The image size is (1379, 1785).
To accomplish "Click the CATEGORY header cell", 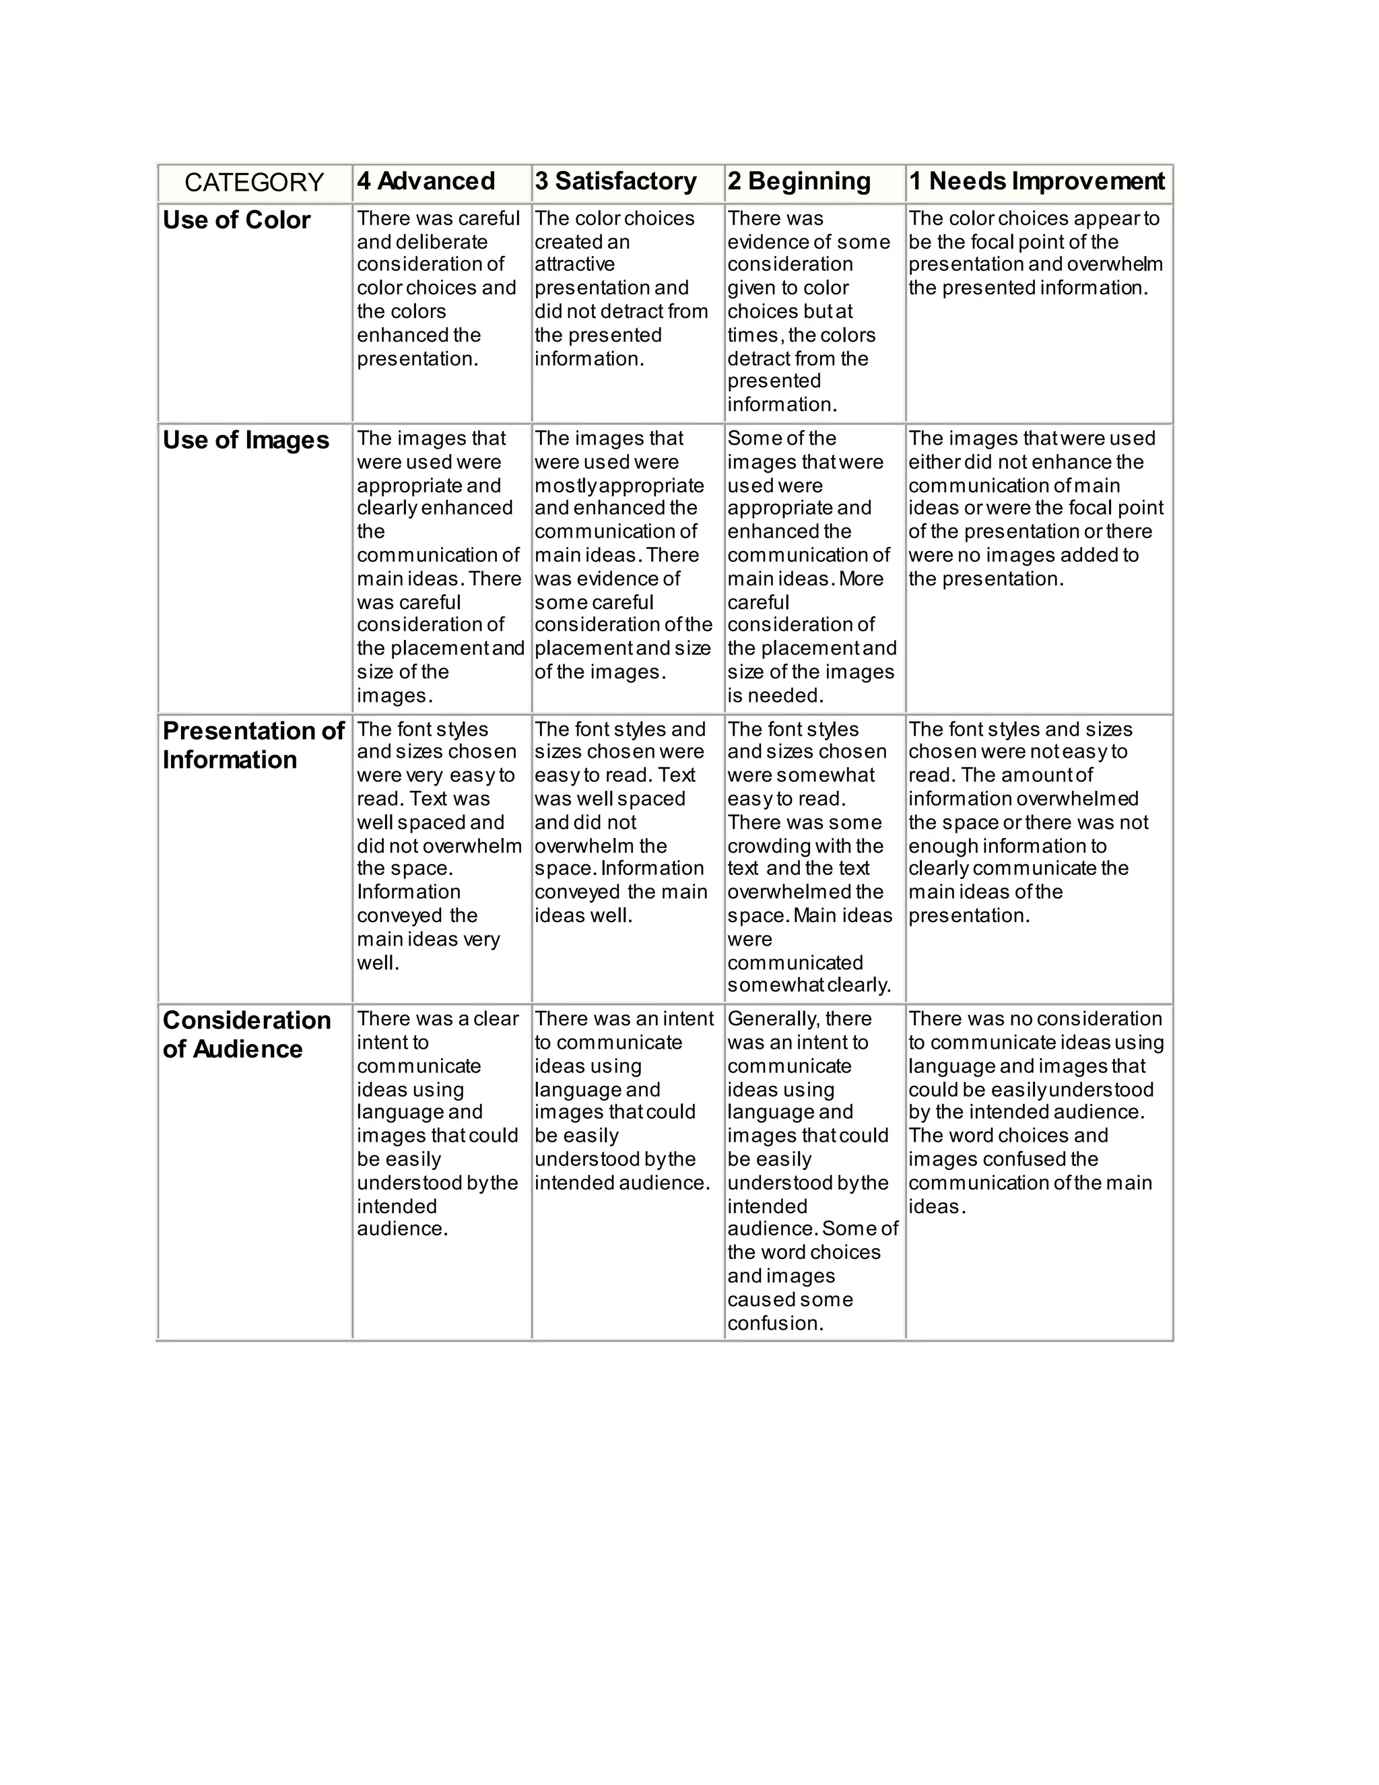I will (x=254, y=183).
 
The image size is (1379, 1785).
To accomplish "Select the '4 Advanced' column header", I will (x=426, y=181).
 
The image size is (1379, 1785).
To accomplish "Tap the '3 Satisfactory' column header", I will (x=615, y=181).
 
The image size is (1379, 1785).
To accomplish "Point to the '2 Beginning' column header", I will (x=799, y=181).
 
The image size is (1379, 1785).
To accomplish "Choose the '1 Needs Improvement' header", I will (x=1037, y=181).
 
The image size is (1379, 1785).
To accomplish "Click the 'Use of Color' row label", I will (x=236, y=221).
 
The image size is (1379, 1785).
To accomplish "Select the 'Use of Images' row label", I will (x=246, y=441).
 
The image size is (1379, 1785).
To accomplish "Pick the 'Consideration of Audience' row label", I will (x=246, y=1035).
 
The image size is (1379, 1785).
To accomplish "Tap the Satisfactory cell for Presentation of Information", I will (x=621, y=822).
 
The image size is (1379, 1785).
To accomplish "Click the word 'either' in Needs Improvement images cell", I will (x=933, y=462).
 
